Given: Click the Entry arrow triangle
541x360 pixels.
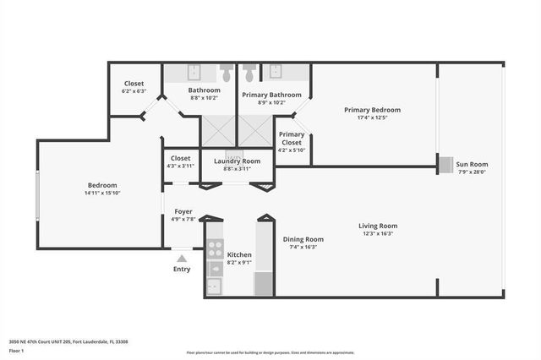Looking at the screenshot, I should pos(182,258).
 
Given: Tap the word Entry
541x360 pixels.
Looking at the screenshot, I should pos(182,270).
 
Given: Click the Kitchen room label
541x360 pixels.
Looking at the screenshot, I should pos(239,254).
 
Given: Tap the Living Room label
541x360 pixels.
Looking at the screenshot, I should pos(378,226).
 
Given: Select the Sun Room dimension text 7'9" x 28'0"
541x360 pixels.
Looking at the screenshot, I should pos(473,172).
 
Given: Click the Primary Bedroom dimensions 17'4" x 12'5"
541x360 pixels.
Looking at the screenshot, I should pos(372,118).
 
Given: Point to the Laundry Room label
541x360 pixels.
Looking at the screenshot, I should pos(237,161).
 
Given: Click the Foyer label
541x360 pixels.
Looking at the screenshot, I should pos(183,211).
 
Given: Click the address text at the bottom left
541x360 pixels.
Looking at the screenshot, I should pos(68,341).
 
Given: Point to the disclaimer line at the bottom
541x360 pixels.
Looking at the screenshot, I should pos(270,352).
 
